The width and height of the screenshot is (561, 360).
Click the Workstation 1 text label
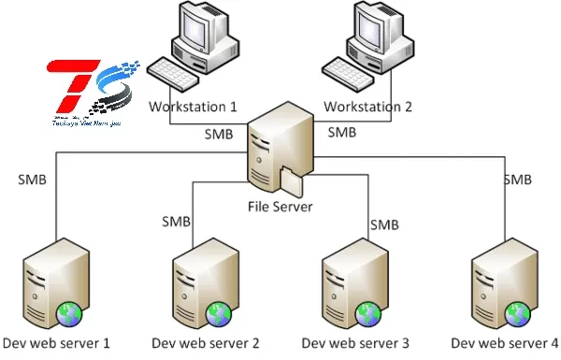193,107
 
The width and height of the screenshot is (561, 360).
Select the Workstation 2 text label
369,107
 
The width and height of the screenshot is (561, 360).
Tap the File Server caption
280,207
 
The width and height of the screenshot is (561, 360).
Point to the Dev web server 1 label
57,343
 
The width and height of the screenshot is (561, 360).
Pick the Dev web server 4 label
504,343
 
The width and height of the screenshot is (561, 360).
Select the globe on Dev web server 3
368,312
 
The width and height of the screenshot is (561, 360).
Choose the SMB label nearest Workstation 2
341,132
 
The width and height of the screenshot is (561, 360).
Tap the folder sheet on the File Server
292,177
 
